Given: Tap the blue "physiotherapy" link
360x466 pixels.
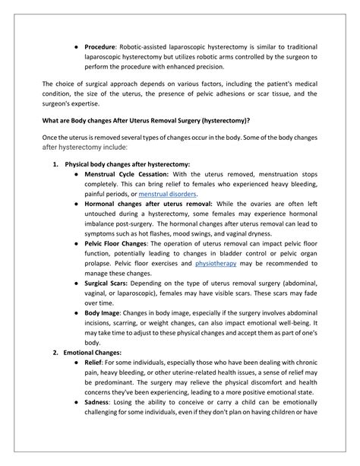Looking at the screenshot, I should coord(216,262).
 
